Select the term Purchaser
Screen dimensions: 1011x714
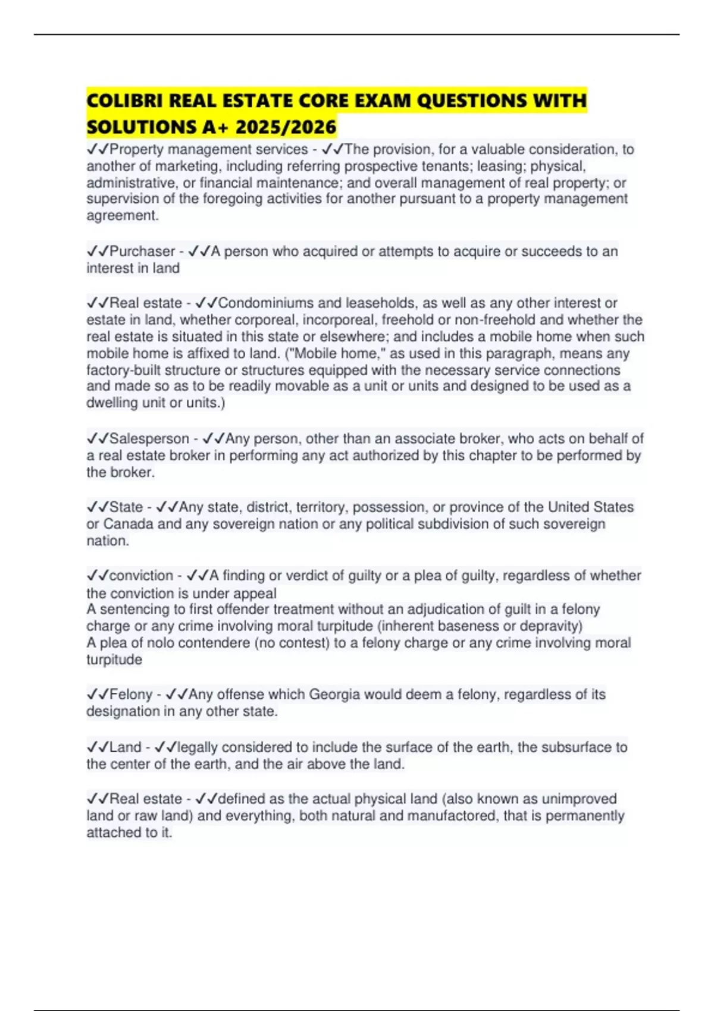tap(142, 252)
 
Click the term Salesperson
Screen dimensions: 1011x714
tap(149, 439)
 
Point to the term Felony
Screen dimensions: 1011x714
tap(131, 695)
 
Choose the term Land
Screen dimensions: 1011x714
tap(125, 748)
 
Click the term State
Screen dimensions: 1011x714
tap(126, 507)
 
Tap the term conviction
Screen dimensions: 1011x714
tap(141, 576)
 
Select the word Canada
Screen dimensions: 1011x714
tap(129, 524)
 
